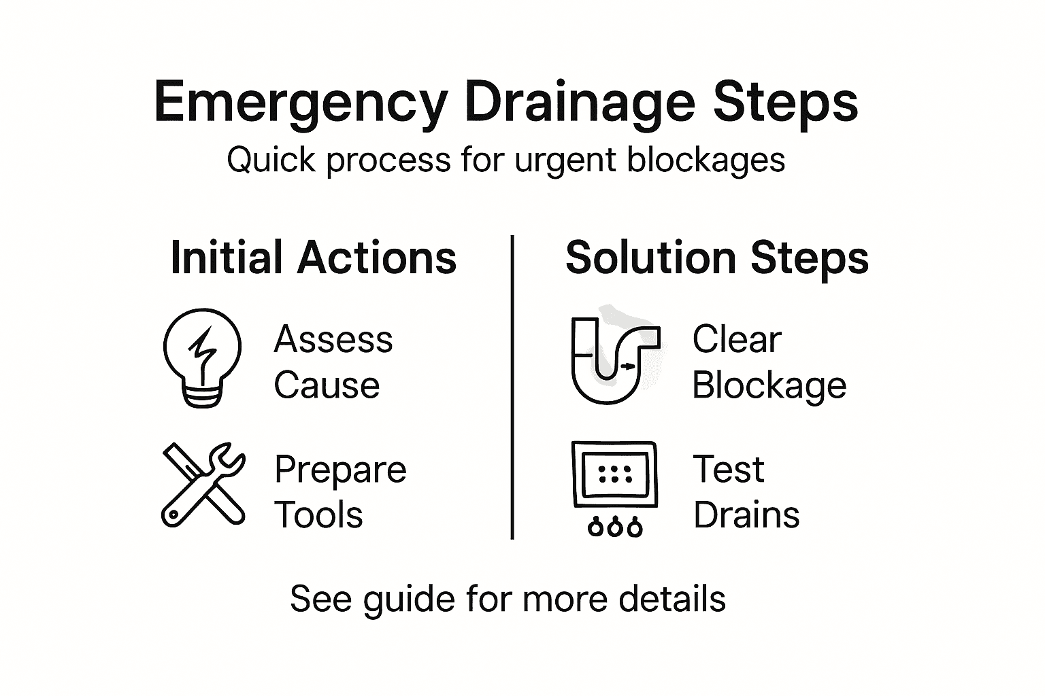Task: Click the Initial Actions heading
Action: tap(313, 258)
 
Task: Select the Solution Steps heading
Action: tap(717, 258)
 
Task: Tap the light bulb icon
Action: tap(202, 358)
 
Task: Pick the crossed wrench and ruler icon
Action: tap(203, 485)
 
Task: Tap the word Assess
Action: tap(333, 339)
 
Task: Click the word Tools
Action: tap(318, 515)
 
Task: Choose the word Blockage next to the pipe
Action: tap(769, 386)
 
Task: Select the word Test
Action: tap(728, 470)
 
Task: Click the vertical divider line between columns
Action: tap(512, 387)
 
